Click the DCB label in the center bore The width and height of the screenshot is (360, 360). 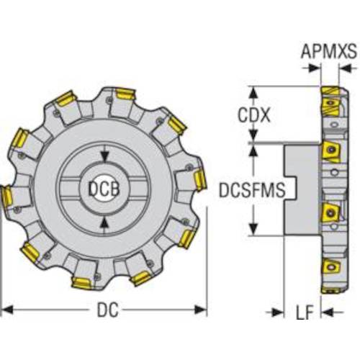point(104,189)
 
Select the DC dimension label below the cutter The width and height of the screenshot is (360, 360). point(107,310)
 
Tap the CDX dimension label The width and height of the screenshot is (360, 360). point(253,115)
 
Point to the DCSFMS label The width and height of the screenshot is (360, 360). point(252,189)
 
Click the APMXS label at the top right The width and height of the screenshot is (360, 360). point(329,51)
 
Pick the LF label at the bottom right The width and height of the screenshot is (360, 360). point(305,312)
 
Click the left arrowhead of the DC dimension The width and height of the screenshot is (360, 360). point(7,310)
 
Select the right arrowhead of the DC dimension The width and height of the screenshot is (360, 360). point(201,310)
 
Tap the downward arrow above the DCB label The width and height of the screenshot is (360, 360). point(104,156)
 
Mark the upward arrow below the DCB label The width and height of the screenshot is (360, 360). point(104,223)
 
